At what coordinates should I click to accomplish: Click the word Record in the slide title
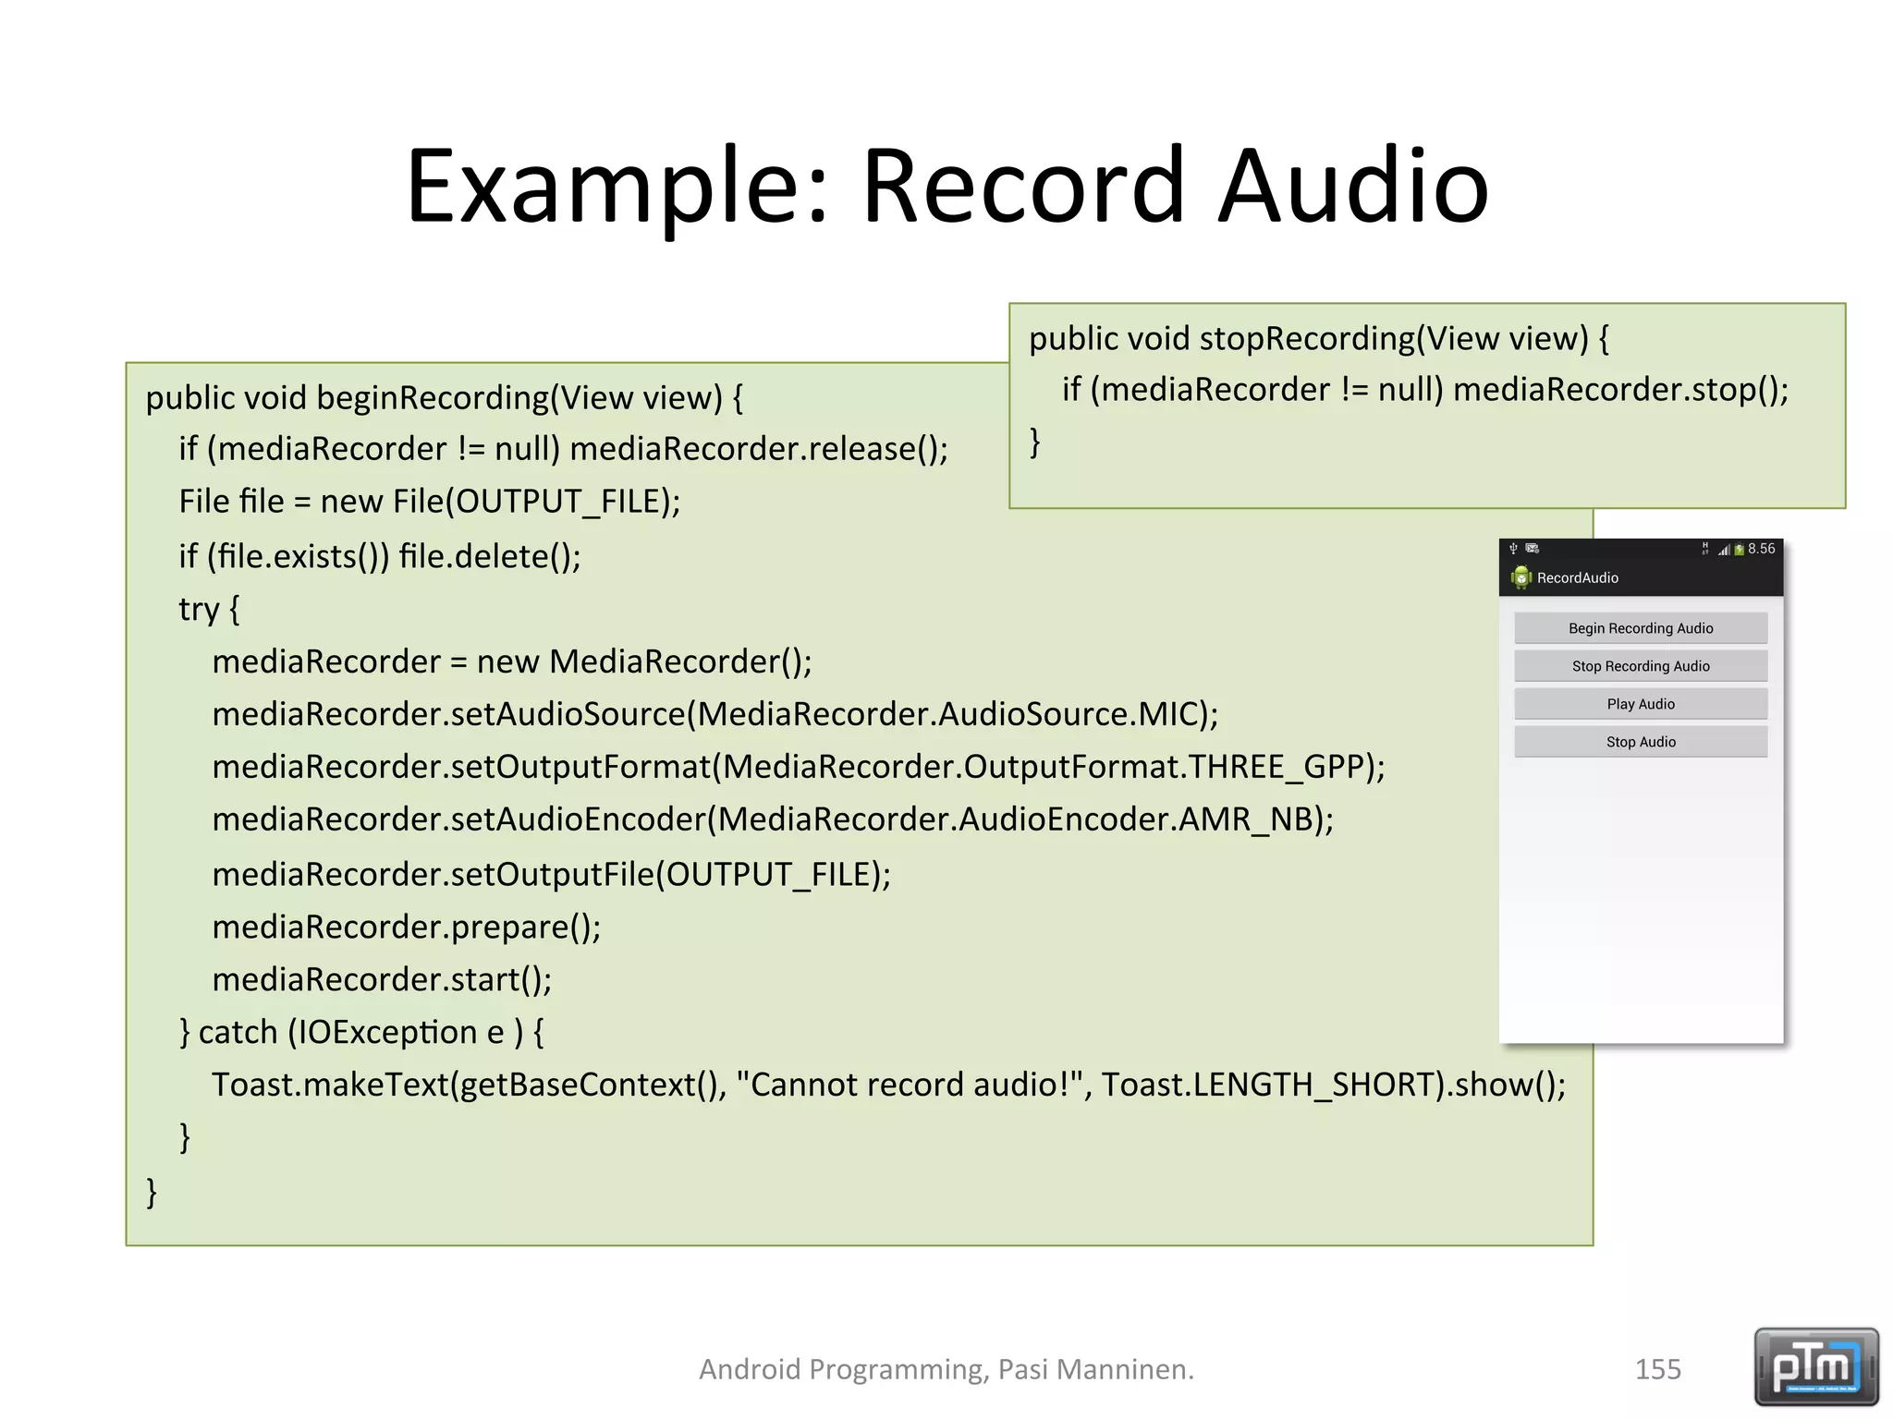coord(1022,187)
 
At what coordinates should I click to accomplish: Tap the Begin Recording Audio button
coord(1640,628)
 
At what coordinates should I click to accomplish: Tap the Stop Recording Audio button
coord(1640,666)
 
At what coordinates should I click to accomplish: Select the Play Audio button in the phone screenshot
coord(1640,704)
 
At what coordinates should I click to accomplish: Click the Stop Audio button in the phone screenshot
coord(1640,742)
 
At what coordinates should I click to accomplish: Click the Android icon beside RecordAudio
coord(1521,578)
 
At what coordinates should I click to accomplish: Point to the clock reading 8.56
coord(1761,549)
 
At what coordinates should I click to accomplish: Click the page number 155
coord(1657,1369)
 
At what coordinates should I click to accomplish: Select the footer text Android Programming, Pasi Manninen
coord(946,1369)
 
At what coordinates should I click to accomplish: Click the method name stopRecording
coord(1306,339)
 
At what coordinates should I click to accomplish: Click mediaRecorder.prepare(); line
coord(406,927)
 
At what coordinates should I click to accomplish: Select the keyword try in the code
coord(198,610)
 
